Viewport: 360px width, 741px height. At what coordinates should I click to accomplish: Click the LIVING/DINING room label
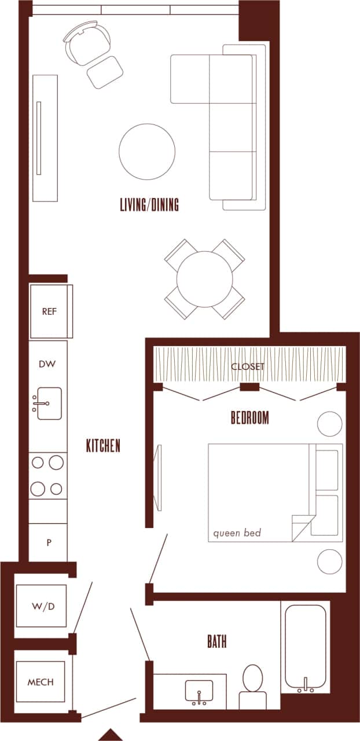(x=149, y=205)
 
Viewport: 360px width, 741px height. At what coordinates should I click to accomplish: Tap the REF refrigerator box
(x=50, y=311)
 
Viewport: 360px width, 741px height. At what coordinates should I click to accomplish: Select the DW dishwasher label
(x=47, y=364)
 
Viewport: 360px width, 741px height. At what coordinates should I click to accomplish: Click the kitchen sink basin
(x=49, y=403)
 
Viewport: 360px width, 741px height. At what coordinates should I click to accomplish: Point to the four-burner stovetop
(x=47, y=475)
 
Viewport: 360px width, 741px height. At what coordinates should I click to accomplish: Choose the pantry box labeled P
(x=49, y=542)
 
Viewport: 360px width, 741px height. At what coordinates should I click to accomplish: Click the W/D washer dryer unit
(x=41, y=606)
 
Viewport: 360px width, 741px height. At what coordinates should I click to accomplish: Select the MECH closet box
(x=41, y=682)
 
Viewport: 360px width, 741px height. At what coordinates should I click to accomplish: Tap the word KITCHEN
(x=103, y=446)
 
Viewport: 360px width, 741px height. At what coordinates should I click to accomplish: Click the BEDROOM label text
(x=249, y=417)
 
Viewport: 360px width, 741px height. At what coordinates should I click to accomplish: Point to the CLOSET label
(x=248, y=366)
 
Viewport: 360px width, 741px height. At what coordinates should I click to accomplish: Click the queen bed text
(x=237, y=533)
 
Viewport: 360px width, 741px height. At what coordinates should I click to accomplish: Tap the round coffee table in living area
(x=147, y=152)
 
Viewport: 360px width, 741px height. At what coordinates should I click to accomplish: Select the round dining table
(x=204, y=279)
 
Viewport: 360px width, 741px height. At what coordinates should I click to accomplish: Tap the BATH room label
(x=216, y=641)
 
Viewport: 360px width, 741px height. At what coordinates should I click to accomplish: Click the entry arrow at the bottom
(x=110, y=735)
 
